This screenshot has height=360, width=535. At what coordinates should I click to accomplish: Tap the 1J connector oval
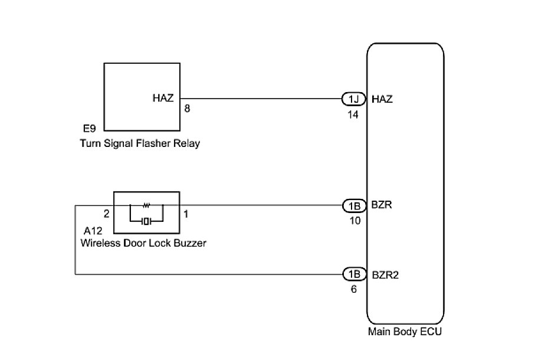[354, 99]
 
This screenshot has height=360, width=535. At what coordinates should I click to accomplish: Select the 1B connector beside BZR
[354, 205]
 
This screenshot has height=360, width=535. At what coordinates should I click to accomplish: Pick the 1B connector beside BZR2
[354, 274]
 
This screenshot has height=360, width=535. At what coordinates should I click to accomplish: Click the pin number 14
[353, 115]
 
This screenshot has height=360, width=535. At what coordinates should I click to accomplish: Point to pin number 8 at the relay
[187, 110]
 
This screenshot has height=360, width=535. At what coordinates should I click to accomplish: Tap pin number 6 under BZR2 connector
[353, 290]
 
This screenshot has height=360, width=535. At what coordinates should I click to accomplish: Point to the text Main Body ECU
[405, 332]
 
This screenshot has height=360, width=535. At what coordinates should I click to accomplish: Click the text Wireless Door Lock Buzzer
[143, 243]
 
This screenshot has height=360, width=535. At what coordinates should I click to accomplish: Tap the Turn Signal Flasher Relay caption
[140, 143]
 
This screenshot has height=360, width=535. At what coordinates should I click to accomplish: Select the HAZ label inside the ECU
[383, 99]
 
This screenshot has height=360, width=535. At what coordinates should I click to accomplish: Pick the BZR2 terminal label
[387, 274]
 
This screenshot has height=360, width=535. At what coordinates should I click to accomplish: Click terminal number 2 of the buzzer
[107, 214]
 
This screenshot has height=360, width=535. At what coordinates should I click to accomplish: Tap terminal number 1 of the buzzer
[186, 214]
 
